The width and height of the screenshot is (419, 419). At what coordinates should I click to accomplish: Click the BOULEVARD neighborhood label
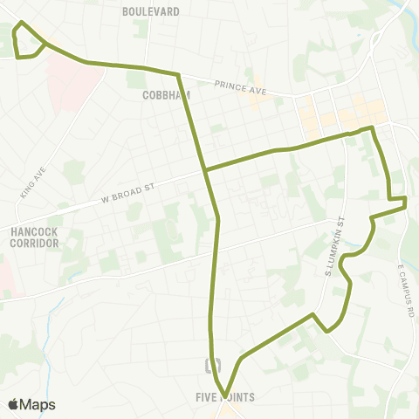tap(151, 11)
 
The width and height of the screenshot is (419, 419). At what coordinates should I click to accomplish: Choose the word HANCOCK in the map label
tap(35, 231)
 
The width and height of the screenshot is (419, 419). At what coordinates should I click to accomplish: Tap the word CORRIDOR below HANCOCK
tap(35, 244)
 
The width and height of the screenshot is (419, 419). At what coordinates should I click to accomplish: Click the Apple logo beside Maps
tap(13, 404)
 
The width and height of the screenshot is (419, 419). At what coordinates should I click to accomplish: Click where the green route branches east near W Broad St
tap(204, 168)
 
